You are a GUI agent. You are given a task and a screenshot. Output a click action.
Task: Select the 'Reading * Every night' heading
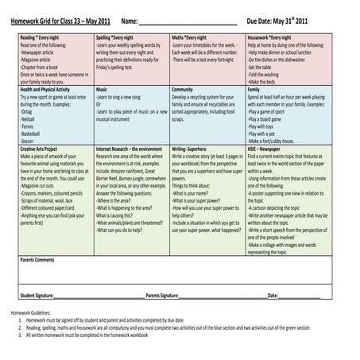tap(41, 37)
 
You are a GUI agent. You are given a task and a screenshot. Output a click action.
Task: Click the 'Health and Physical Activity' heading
tap(49, 90)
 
